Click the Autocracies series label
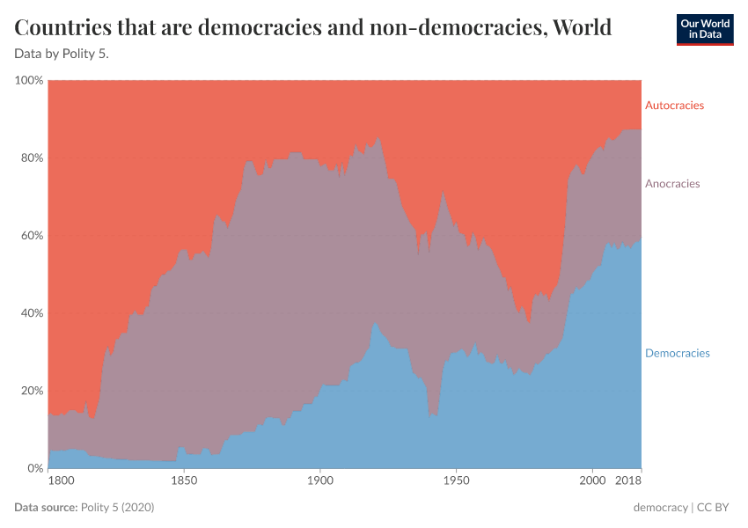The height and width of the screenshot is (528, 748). click(x=674, y=106)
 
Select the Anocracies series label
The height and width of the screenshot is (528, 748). click(x=672, y=184)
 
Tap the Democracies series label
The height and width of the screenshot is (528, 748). click(x=677, y=353)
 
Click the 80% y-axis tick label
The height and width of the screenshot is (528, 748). click(x=31, y=158)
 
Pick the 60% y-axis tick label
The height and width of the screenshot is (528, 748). click(x=31, y=236)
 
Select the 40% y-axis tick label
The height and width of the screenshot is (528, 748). click(x=31, y=313)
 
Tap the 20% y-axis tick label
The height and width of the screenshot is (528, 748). click(x=31, y=391)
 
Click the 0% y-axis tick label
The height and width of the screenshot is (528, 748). click(x=34, y=468)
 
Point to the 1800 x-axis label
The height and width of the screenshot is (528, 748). click(x=60, y=482)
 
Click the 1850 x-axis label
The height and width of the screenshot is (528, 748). click(x=183, y=482)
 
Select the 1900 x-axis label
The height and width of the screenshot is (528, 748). click(x=319, y=482)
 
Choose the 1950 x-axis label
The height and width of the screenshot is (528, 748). click(x=456, y=482)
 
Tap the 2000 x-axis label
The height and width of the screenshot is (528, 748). click(x=592, y=482)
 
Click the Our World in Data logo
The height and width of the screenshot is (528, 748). click(x=704, y=28)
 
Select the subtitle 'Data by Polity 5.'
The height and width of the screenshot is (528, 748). click(x=62, y=53)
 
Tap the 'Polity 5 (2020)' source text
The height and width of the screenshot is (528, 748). click(x=118, y=508)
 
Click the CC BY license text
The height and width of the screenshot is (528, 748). click(x=716, y=508)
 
